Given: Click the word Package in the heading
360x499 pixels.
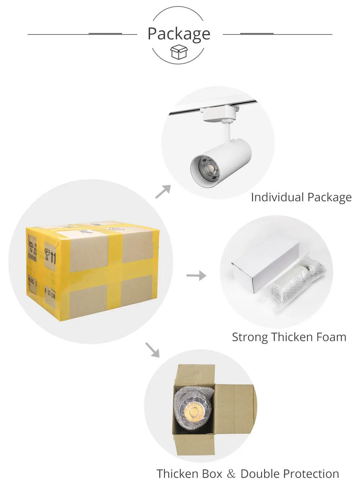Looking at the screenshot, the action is pyautogui.click(x=178, y=34).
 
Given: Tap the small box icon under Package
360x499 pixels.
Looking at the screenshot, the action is pyautogui.click(x=179, y=52).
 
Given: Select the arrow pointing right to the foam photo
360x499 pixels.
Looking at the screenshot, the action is pyautogui.click(x=196, y=275).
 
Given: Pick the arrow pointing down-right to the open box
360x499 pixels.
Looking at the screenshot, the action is pyautogui.click(x=152, y=350).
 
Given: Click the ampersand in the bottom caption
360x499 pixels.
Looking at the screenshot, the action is pyautogui.click(x=231, y=474).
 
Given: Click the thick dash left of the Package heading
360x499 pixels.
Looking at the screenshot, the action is pyautogui.click(x=105, y=34).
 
